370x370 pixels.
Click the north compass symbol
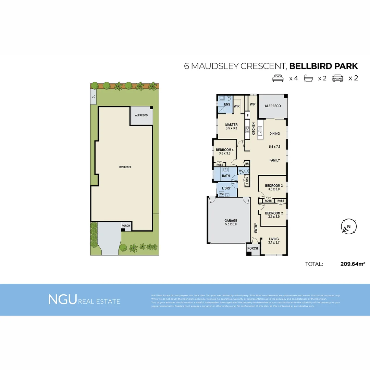(349, 226)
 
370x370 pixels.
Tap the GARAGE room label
(231, 221)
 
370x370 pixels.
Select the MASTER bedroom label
(231, 125)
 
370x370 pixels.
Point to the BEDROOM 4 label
(224, 150)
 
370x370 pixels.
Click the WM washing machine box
(221, 194)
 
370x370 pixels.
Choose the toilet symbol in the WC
(245, 170)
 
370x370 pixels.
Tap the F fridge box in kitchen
(247, 115)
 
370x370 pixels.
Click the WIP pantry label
(253, 104)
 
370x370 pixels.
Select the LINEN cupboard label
(247, 180)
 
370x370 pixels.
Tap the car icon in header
(337, 78)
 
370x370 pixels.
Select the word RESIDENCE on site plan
(125, 167)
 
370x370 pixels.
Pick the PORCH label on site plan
(126, 226)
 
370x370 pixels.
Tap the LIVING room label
(274, 239)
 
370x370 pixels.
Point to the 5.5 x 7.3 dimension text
(274, 147)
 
